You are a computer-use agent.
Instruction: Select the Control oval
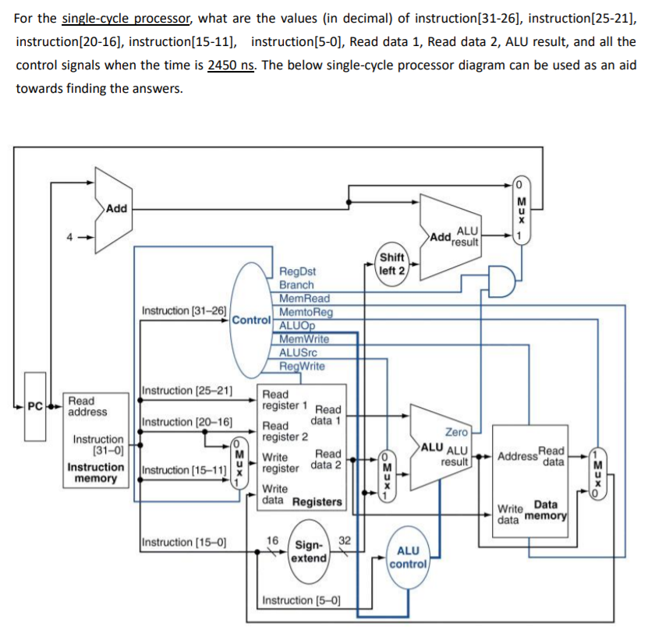[x=252, y=320]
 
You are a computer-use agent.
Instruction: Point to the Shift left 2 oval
[x=391, y=264]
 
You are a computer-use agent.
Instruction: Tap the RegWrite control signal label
[x=303, y=366]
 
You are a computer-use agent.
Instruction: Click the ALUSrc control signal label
[x=299, y=353]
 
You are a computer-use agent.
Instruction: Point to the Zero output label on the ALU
[x=456, y=431]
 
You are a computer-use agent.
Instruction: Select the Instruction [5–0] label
[x=301, y=600]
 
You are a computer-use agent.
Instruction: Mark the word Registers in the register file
[x=317, y=501]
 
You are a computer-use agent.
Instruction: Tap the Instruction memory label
[x=95, y=472]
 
